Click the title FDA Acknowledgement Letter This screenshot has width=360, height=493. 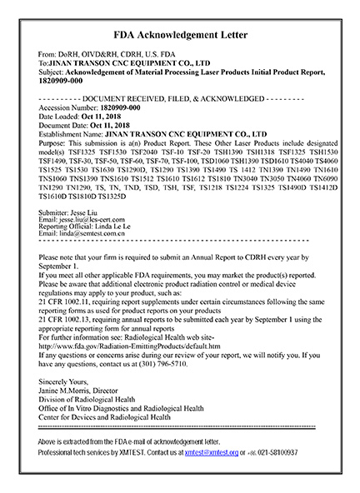pos(180,36)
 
